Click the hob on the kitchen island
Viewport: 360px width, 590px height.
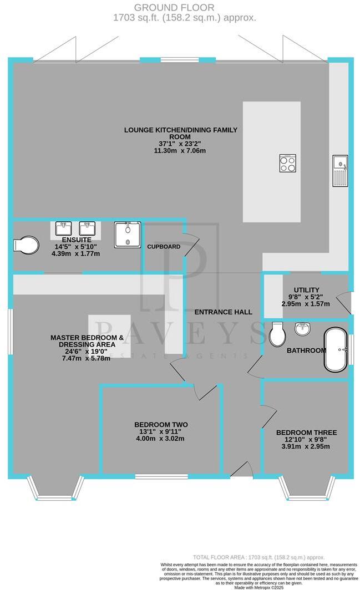coord(287,163)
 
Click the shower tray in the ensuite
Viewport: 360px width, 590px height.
coord(128,235)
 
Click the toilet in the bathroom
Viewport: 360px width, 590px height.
coord(276,334)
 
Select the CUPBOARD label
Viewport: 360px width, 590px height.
coord(163,246)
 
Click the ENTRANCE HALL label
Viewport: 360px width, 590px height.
coord(223,312)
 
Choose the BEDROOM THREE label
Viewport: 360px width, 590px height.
coord(306,433)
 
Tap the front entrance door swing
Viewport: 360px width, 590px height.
coord(242,470)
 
